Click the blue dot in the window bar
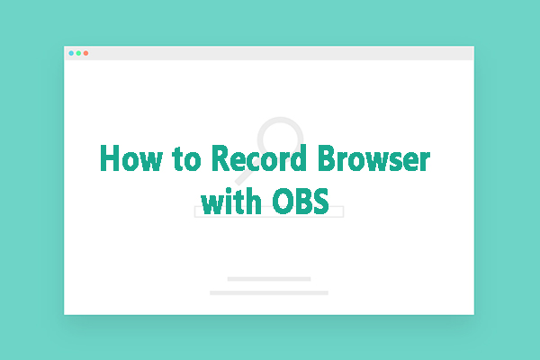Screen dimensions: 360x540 coord(71,53)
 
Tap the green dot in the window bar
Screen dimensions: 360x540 coord(78,53)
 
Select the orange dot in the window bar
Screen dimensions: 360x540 coord(85,53)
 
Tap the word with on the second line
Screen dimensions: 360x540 coord(230,199)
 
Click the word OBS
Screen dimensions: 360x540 coord(306,199)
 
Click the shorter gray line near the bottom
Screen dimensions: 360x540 coord(269,279)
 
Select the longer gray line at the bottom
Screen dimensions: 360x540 coord(269,292)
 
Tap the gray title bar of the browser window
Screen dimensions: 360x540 coord(270,53)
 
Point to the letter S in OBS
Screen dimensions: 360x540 coord(329,199)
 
